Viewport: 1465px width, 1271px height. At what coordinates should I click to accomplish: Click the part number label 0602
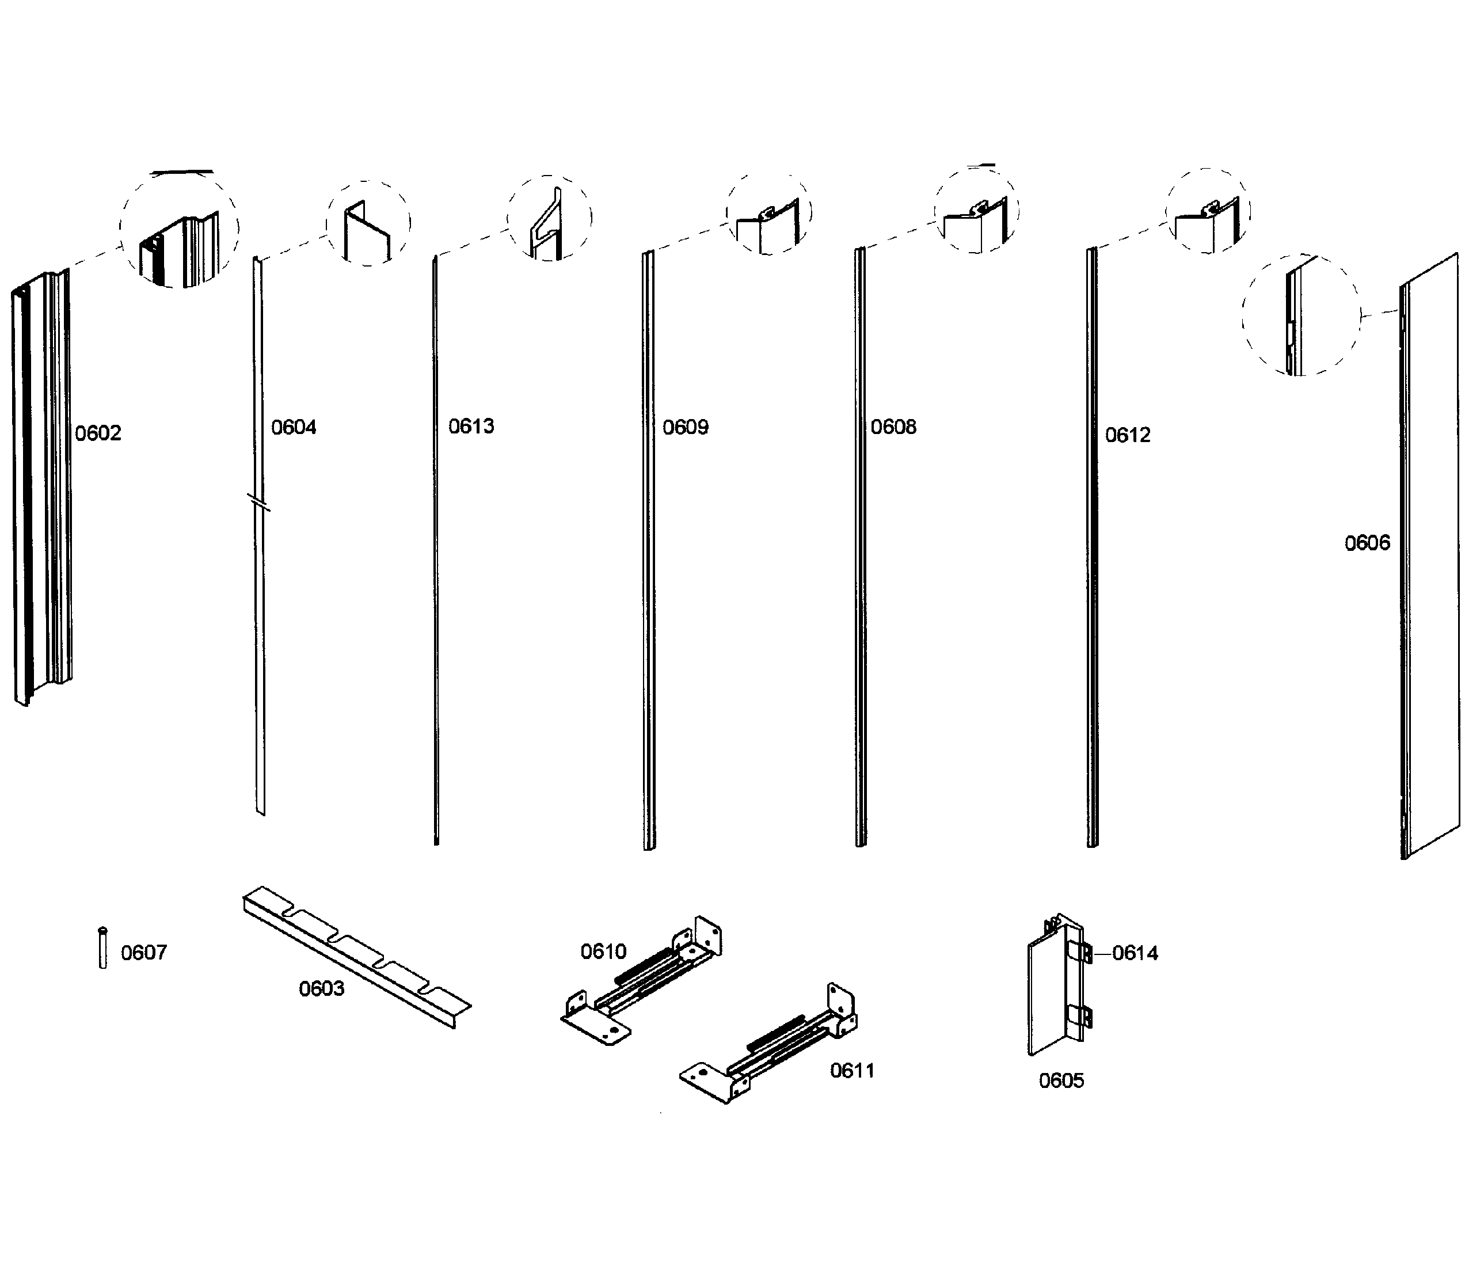98,433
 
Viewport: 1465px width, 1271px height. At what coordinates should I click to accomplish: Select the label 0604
294,428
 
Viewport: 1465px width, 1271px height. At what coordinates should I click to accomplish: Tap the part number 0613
471,427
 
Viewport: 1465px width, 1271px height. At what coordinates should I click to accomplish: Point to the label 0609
685,428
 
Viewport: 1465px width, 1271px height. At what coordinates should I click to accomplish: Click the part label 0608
893,427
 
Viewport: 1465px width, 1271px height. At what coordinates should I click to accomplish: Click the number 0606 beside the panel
1367,543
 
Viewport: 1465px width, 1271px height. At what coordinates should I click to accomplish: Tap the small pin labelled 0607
103,947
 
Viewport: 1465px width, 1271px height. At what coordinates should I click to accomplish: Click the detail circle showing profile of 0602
178,229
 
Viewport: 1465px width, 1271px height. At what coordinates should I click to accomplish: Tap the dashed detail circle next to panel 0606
1300,315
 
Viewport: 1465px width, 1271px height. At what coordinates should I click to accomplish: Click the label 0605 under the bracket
1061,1081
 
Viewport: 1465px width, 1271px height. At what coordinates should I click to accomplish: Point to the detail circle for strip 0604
368,223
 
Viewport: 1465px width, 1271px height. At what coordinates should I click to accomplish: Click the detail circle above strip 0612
1208,211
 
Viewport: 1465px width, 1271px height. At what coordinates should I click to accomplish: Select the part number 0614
1135,953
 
